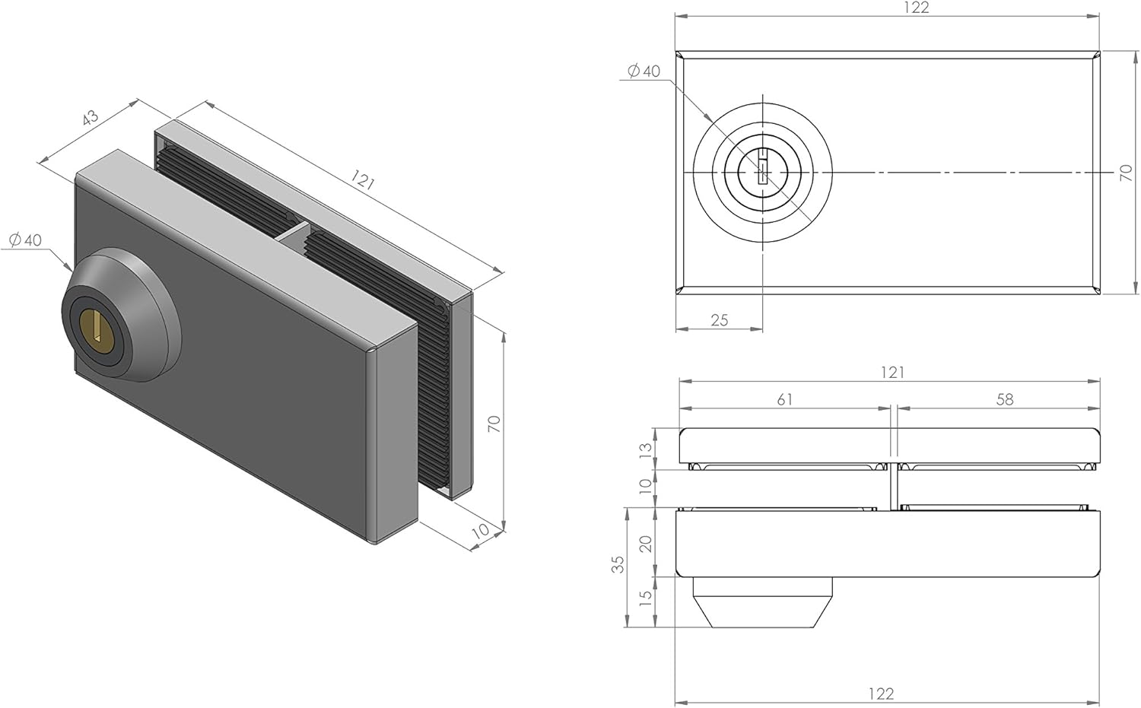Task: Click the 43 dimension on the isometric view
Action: coord(90,118)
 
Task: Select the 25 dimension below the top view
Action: coord(720,320)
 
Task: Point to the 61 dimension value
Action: coord(784,399)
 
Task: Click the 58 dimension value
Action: coord(1005,399)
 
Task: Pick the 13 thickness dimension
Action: coord(645,449)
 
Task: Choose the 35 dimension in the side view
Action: coord(618,564)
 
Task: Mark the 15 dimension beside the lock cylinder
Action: coord(645,598)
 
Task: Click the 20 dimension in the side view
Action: coord(645,544)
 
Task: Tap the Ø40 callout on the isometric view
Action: coord(25,240)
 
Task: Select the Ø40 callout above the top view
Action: coord(644,71)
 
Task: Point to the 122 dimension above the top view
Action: coord(917,8)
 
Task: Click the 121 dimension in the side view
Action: coord(892,373)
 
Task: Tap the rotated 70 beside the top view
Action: coord(1126,173)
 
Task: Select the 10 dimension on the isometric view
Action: coord(482,531)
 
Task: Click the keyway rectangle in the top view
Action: coord(762,167)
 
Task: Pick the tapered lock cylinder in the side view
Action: coord(762,602)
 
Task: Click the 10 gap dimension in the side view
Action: coord(645,488)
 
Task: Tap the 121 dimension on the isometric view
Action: coord(363,179)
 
